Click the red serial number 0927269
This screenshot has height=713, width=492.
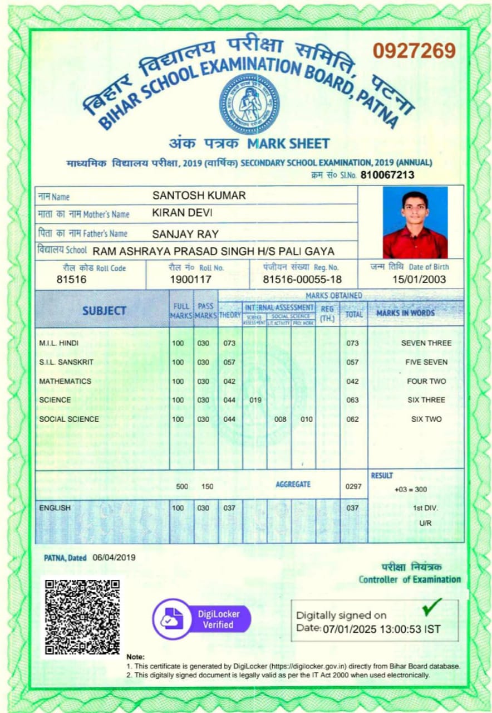(414, 51)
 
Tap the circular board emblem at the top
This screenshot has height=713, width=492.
(248, 104)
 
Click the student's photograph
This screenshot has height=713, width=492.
(415, 222)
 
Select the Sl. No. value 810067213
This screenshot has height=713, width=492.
(387, 175)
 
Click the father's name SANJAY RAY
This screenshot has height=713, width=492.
(185, 233)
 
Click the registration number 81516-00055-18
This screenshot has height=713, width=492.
(302, 280)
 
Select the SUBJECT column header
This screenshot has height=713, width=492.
(104, 311)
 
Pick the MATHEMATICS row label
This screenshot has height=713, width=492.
(65, 382)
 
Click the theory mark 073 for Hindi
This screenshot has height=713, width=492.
(229, 343)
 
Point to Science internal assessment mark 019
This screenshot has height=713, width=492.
(255, 400)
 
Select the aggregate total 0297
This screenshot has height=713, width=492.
(353, 486)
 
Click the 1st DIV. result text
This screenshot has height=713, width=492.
(425, 508)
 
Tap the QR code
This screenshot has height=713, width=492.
(82, 617)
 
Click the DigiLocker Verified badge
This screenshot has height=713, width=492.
(201, 619)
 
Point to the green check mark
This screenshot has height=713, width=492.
(432, 607)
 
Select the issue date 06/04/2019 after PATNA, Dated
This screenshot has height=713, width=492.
(114, 557)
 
